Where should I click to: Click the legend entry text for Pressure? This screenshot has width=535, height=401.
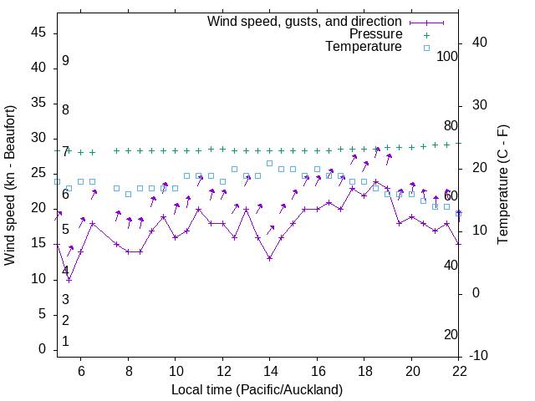[x=375, y=34]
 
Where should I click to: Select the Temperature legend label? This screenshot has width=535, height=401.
[x=364, y=47]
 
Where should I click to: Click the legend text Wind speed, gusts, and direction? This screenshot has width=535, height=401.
[x=304, y=21]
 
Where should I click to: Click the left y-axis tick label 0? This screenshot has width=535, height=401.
[x=42, y=350]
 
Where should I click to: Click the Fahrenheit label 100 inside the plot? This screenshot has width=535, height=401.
[x=448, y=57]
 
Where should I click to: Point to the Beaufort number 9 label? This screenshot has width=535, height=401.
[x=65, y=61]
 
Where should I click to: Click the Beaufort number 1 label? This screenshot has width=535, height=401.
[x=65, y=342]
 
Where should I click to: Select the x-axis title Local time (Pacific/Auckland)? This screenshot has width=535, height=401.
[x=257, y=389]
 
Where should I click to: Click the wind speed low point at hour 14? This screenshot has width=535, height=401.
[x=269, y=258]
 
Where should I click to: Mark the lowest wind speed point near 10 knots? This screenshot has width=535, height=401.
[x=69, y=279]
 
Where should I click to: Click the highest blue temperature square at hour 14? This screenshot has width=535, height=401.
[x=269, y=163]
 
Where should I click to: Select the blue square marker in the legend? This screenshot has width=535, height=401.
[x=425, y=48]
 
